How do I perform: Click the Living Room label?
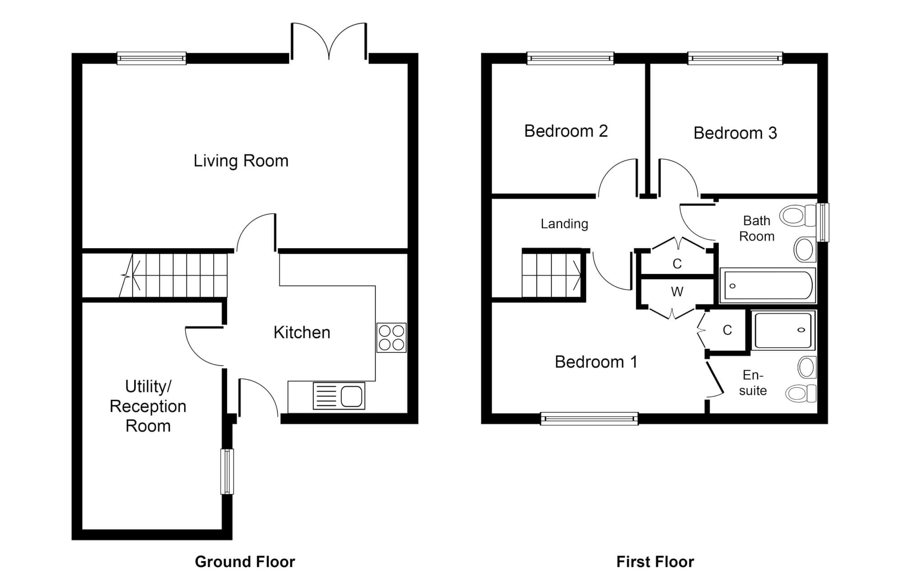tap(241, 161)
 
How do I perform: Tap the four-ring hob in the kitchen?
tap(391, 338)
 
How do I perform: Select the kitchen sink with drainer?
tap(339, 396)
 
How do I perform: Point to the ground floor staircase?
tap(176, 275)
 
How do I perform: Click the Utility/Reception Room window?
tap(227, 471)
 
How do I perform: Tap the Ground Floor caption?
tap(245, 562)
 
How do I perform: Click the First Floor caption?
tap(655, 562)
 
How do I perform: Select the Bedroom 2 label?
tap(566, 131)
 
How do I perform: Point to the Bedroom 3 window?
tap(735, 58)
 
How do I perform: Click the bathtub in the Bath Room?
tap(768, 285)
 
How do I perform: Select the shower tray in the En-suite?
tap(783, 330)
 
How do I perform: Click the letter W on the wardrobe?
tap(677, 292)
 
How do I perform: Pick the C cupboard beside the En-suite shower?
tap(727, 330)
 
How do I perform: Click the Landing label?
tap(564, 224)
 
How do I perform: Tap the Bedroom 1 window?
tap(589, 419)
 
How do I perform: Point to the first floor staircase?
tap(552, 275)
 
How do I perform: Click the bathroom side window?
tap(823, 222)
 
